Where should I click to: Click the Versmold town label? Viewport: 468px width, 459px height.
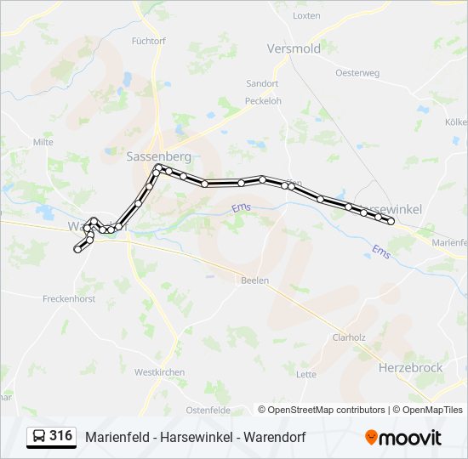tap(294, 48)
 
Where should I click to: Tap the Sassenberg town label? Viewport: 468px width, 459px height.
tap(158, 156)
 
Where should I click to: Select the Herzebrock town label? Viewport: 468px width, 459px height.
tap(409, 367)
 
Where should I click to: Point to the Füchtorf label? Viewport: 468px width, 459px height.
tap(149, 41)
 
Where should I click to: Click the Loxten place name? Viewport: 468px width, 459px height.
tap(306, 16)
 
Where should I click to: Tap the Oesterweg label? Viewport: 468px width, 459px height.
tap(357, 73)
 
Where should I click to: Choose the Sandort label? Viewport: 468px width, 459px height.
tap(262, 84)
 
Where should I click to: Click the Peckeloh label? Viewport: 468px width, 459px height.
tap(263, 100)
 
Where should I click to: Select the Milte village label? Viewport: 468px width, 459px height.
tap(43, 142)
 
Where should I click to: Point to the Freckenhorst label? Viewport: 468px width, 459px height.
tap(67, 298)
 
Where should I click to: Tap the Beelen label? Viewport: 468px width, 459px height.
tap(254, 280)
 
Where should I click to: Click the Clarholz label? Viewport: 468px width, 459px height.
tap(349, 337)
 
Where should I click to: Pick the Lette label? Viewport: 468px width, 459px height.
tap(306, 374)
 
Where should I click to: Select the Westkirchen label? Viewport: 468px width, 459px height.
tap(158, 372)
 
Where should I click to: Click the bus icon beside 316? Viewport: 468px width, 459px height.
tap(39, 437)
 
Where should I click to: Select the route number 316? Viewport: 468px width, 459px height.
tap(60, 436)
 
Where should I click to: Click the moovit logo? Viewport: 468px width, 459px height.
tap(403, 438)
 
